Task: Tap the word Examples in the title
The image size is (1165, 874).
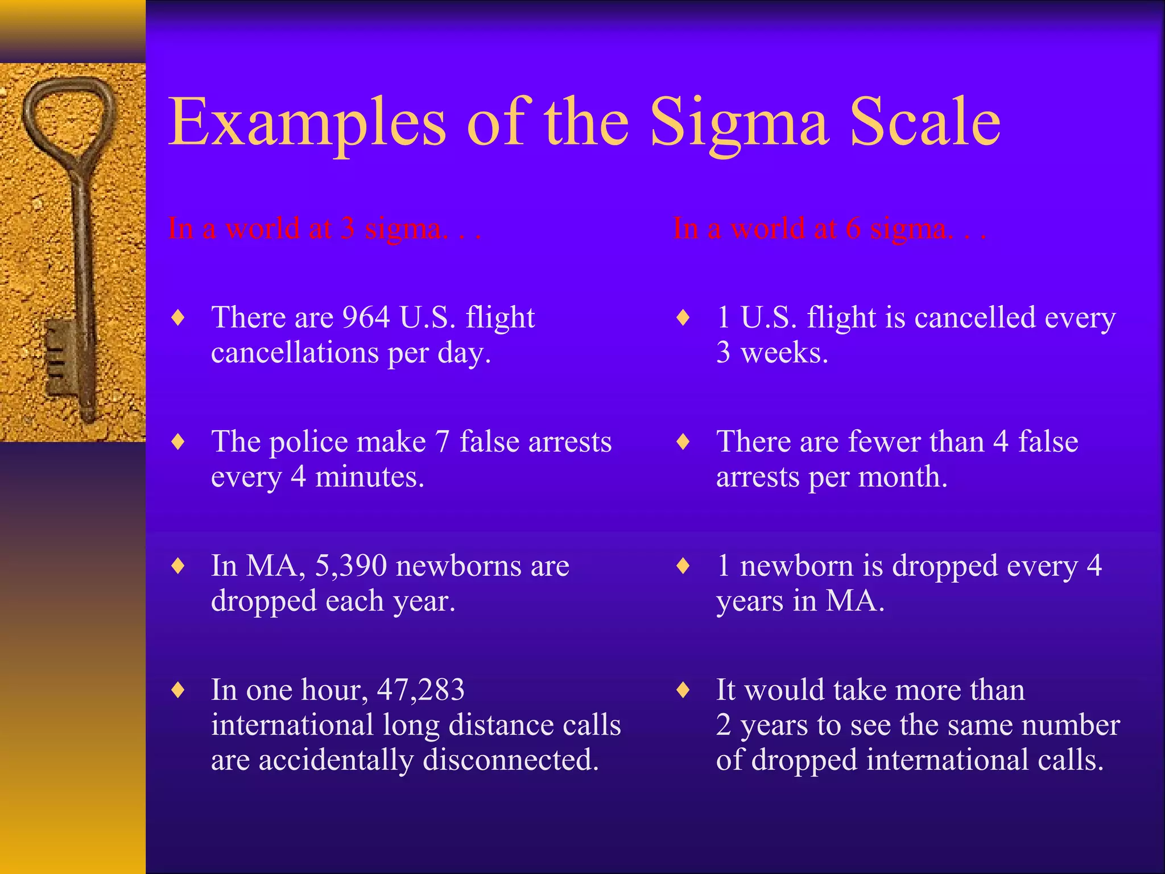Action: [307, 122]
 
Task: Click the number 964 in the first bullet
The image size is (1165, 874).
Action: [366, 317]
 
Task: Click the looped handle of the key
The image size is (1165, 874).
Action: [68, 119]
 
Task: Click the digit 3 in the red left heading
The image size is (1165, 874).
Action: [348, 229]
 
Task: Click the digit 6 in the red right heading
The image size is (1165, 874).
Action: [853, 229]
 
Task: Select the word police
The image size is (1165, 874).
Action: [308, 442]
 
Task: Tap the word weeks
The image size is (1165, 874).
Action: [784, 353]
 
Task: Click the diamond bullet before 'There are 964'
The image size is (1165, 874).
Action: [179, 318]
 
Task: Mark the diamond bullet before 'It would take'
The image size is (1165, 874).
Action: [683, 690]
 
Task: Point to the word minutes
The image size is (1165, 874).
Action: [369, 477]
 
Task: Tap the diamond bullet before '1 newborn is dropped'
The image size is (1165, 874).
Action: [683, 566]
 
